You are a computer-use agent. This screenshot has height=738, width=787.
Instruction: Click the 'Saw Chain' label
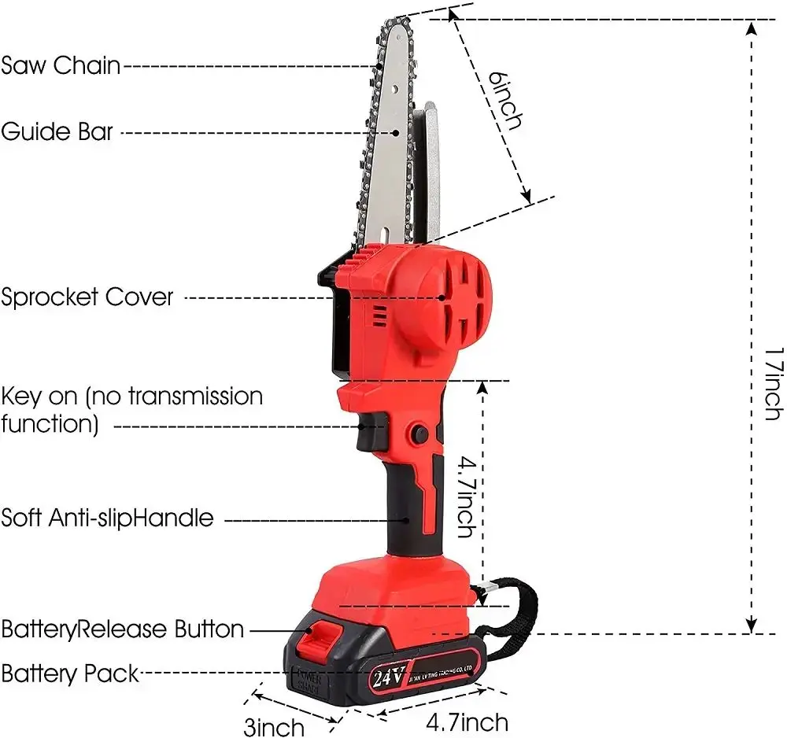[61, 65]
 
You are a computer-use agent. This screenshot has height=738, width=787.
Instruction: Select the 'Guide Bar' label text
[57, 131]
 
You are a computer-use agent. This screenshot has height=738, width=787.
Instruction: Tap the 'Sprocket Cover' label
[87, 297]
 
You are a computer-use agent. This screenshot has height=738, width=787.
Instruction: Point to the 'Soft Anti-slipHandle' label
[107, 518]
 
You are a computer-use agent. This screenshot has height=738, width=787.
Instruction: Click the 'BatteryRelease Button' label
[123, 629]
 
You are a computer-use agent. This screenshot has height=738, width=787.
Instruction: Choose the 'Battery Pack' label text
[70, 673]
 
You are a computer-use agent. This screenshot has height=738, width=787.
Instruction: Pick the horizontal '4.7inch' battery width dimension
[467, 721]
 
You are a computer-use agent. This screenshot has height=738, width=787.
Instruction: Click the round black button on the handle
[418, 434]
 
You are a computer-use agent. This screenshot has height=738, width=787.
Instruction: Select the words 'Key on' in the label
[33, 396]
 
